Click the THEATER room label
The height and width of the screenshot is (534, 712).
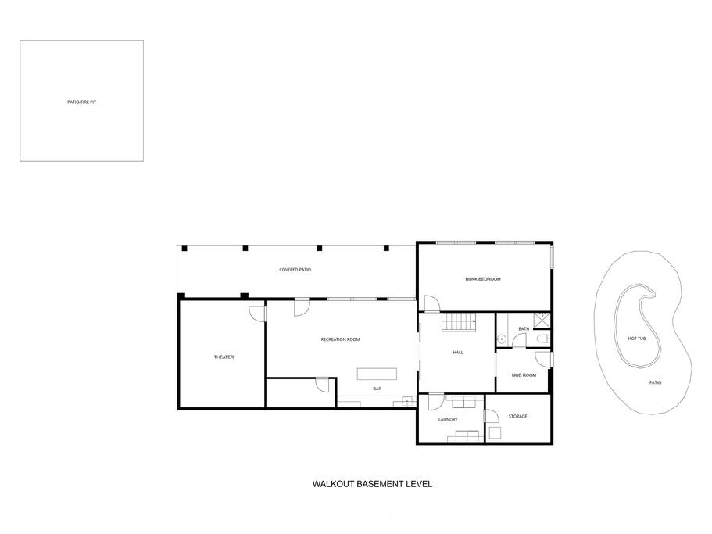click(224, 357)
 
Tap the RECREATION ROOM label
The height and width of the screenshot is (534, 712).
click(340, 339)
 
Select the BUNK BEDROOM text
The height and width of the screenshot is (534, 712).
click(483, 279)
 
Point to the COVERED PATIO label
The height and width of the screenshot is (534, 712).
click(295, 270)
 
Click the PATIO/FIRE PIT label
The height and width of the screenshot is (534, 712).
click(82, 102)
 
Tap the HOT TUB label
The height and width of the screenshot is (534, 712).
click(637, 339)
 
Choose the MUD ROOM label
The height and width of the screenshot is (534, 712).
click(524, 375)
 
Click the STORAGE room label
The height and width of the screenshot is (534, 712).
click(517, 417)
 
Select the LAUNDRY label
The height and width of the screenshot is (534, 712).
click(448, 420)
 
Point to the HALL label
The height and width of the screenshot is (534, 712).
click(458, 353)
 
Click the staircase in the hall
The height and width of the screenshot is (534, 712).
click(459, 322)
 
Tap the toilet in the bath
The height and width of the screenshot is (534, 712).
click(543, 339)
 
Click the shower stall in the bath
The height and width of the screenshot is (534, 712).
click(542, 320)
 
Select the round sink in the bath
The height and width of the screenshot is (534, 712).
click(501, 339)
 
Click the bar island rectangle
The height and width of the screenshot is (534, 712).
click(377, 374)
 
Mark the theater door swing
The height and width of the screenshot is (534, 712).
click(257, 314)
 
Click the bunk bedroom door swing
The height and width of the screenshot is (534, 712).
click(432, 303)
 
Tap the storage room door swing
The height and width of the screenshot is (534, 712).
click(492, 416)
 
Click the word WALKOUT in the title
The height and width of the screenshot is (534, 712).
click(332, 484)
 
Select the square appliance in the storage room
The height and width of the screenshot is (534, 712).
click(495, 432)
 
